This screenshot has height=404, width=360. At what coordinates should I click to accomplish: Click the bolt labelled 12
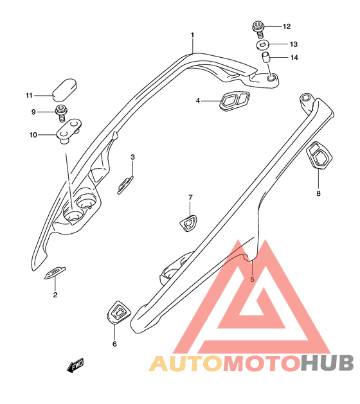(x=258, y=29)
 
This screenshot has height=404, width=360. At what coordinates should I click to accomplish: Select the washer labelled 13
(x=263, y=45)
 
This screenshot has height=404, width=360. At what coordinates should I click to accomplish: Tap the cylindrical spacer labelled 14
(x=265, y=57)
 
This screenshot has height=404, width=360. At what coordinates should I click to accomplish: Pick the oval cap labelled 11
(x=65, y=90)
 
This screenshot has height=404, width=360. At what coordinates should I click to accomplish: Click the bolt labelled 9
(x=61, y=114)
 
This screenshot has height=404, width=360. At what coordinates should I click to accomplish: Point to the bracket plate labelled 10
(x=69, y=130)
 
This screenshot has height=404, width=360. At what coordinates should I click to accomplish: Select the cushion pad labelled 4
(x=235, y=101)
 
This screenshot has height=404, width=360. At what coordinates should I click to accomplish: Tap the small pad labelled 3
(x=125, y=185)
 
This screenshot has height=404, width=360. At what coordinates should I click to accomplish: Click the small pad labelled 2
(x=55, y=273)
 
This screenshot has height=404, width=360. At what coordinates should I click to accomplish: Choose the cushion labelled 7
(x=188, y=223)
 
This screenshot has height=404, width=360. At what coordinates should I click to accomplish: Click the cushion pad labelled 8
(x=319, y=155)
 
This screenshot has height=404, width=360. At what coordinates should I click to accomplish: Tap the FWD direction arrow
(x=75, y=365)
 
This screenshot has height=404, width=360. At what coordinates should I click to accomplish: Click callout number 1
(x=192, y=35)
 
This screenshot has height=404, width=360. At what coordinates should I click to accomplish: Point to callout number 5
(x=252, y=279)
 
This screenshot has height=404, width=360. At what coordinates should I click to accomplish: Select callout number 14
(x=294, y=57)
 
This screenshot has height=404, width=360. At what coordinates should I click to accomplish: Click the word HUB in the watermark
(x=327, y=364)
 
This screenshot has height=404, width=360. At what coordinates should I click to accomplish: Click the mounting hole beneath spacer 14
(x=271, y=78)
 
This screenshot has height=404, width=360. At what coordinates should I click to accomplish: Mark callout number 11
(x=29, y=96)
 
